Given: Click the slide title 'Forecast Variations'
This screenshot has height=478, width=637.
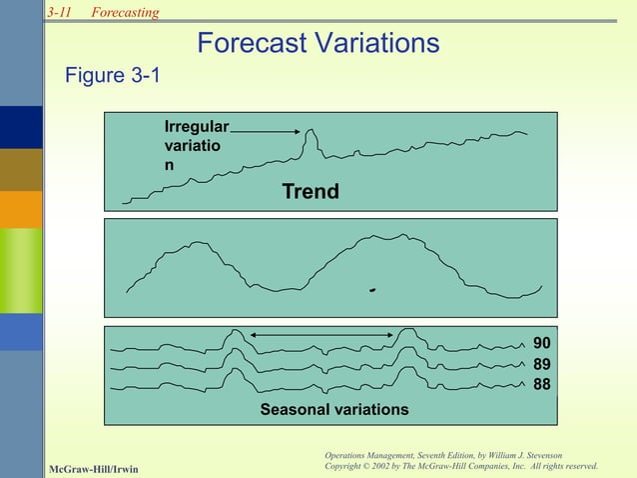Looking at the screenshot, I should (x=318, y=43).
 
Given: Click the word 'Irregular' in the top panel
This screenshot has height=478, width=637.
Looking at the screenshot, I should (x=197, y=127).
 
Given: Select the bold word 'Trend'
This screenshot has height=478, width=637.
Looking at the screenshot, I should (x=310, y=191).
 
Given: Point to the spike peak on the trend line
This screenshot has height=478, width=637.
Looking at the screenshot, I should (x=312, y=131).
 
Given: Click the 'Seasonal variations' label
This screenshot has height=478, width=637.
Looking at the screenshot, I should (x=333, y=410).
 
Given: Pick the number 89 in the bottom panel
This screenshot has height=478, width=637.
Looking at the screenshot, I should (x=541, y=365).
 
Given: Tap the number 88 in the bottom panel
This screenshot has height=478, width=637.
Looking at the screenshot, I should (x=541, y=384).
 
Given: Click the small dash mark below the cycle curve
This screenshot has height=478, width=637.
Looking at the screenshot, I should (x=371, y=291).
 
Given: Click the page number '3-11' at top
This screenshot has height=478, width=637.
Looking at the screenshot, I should (x=60, y=11).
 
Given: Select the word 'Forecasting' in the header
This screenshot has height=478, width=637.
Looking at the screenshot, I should (x=125, y=11).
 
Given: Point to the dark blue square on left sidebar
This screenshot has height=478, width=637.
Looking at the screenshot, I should (x=21, y=127).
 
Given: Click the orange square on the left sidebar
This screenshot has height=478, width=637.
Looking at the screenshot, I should (x=21, y=209).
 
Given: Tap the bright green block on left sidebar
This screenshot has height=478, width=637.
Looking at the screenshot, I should (x=21, y=270).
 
